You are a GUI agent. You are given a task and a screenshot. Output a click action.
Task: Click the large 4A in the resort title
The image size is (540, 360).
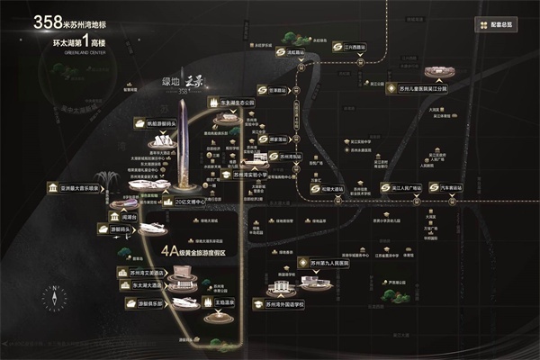click(x=170, y=252)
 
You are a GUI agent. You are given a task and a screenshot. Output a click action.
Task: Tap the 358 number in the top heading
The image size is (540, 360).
click(x=48, y=22)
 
